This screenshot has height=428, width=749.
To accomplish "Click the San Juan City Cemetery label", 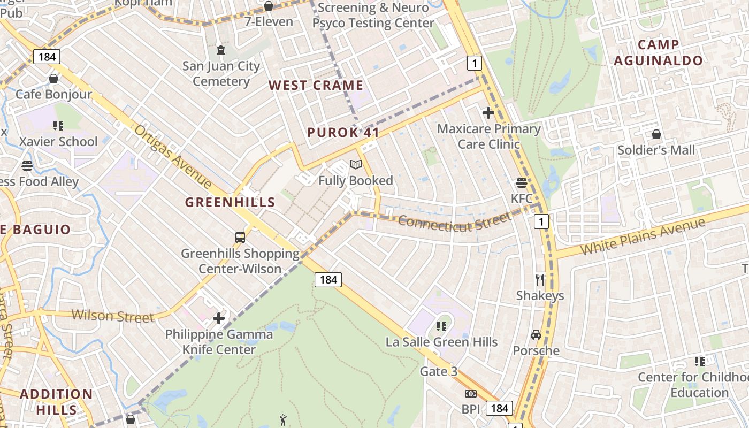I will coord(221,74).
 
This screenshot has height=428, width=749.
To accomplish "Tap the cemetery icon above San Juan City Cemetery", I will coord(220,51).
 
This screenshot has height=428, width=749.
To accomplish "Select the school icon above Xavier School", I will coord(58,126).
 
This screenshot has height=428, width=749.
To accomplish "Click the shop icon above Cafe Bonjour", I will coord(53,79).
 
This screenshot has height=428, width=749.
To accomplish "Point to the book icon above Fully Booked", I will coord(356,165).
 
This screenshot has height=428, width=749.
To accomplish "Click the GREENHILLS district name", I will coord(230,202).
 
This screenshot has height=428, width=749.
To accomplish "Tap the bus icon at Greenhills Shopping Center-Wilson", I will coord(240,237).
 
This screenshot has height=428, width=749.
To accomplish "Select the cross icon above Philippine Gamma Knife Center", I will coord(219,318).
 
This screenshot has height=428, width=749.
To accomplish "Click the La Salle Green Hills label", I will coord(441,342).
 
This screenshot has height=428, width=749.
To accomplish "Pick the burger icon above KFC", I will coord(522,183).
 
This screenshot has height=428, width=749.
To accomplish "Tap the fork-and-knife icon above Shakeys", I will coord(540,279).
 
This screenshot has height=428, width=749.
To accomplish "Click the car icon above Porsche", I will coord(536,335).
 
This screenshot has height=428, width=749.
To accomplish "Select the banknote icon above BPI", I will coord(471,394).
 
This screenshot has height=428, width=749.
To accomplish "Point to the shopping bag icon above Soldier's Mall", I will coord(656,134).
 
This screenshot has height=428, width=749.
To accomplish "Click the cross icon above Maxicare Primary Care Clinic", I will coord(488,113).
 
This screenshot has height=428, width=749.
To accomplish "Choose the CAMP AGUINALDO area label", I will coord(658,52).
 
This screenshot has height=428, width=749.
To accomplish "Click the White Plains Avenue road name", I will coord(643,236).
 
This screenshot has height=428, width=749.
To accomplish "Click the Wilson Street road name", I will coord(113,316).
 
